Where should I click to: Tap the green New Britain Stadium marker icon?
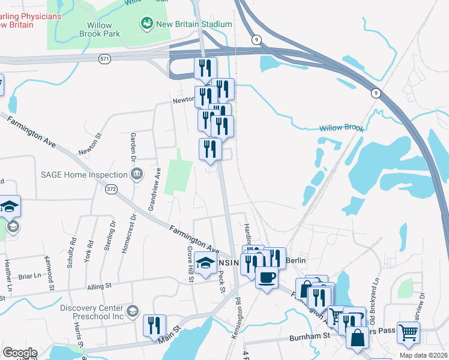point(146,24)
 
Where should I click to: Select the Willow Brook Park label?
point(100,29)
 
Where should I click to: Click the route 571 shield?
point(106,59)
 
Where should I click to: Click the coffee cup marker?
point(266,277)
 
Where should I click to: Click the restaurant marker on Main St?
point(154,326)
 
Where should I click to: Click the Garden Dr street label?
point(134,147)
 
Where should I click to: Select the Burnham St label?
point(310,337)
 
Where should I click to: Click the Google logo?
point(20,352)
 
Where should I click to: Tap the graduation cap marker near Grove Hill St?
point(205,263)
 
